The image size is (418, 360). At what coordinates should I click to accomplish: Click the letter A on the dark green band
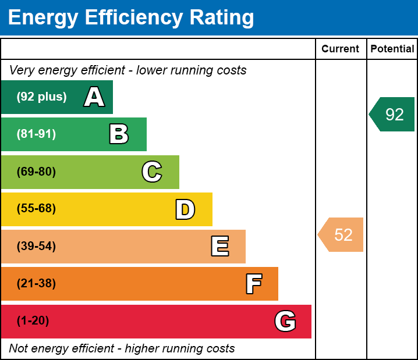point(94,97)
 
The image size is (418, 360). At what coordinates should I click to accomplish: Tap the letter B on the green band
point(119,134)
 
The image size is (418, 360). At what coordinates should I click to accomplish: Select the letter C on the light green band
point(152,172)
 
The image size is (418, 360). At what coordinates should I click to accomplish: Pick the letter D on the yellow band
point(185,209)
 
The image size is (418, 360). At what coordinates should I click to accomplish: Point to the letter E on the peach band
point(219,247)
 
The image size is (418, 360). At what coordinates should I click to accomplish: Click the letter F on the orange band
point(254,284)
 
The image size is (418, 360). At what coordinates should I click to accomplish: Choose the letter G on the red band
point(285,321)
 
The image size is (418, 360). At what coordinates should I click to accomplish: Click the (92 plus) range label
point(41,97)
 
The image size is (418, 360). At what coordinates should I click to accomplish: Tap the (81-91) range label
point(36,134)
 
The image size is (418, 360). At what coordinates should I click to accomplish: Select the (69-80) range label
point(36,172)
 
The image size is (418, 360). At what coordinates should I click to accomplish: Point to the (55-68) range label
point(36,209)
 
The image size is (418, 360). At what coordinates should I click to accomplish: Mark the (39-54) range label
point(36,247)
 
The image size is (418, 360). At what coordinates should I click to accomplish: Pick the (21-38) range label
point(36,284)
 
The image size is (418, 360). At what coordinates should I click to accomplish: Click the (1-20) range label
point(33,321)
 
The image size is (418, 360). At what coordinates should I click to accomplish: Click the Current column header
point(341,49)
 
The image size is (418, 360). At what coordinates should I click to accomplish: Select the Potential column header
point(392,49)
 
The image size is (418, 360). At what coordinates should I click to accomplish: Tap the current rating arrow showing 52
point(342,235)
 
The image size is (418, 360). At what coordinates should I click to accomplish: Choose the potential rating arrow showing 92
point(393,115)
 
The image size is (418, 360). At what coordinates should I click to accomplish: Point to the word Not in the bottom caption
point(19,349)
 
